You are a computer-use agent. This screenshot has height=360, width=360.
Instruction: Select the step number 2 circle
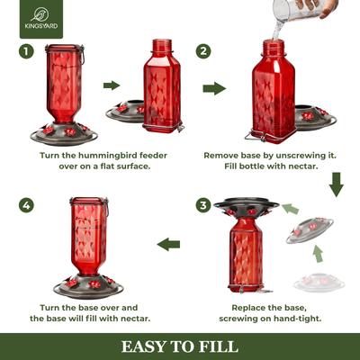click(204, 50)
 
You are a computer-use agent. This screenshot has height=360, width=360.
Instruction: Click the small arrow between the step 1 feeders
click(112, 86)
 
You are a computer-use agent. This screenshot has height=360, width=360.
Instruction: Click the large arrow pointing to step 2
click(214, 89)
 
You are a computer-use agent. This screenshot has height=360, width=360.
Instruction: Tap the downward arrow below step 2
click(337, 186)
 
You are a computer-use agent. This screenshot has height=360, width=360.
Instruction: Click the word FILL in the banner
click(220, 346)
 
